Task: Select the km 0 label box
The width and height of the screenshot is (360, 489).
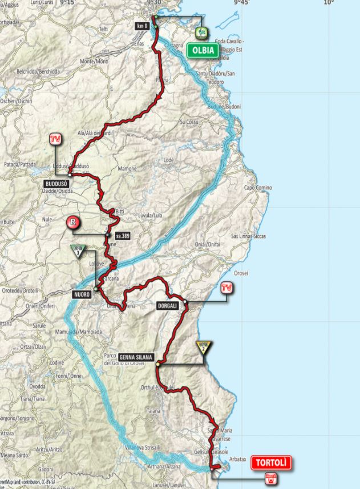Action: coord(142,26)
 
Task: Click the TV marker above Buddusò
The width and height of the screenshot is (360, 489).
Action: coord(55,139)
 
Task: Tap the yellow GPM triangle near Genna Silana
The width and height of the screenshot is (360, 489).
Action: coord(202,346)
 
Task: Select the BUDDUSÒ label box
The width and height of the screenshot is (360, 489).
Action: coord(56,184)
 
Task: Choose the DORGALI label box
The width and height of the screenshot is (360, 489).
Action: coord(167,306)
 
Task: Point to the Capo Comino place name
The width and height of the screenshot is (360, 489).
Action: coord(257,188)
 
